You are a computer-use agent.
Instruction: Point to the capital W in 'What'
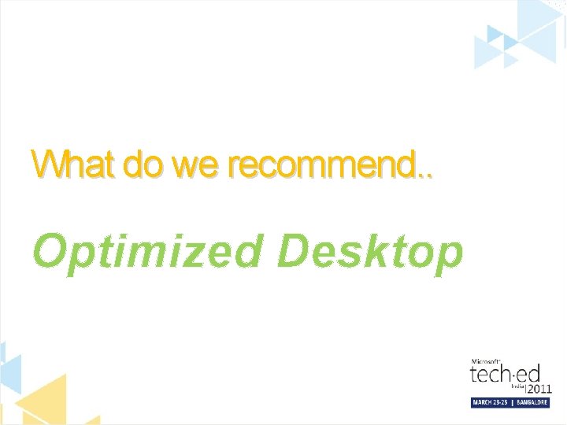click(46, 164)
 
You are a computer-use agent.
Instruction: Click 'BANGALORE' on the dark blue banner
click(534, 402)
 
